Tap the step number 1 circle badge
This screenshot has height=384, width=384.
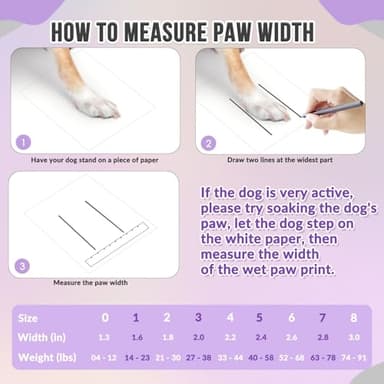(x=25, y=142)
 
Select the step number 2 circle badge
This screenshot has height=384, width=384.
(x=209, y=142)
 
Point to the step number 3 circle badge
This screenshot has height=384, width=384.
(x=25, y=266)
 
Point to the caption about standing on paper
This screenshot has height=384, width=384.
(x=95, y=159)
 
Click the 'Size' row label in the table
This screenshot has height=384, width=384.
(x=30, y=317)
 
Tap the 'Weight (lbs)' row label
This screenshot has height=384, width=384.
(x=42, y=356)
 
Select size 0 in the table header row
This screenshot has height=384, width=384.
(x=105, y=317)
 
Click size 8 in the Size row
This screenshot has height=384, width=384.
(x=353, y=317)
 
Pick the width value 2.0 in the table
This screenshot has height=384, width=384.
(x=198, y=337)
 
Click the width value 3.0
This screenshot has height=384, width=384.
(x=353, y=337)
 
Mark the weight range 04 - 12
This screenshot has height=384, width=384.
(x=104, y=357)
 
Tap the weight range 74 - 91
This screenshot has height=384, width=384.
(x=354, y=357)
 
